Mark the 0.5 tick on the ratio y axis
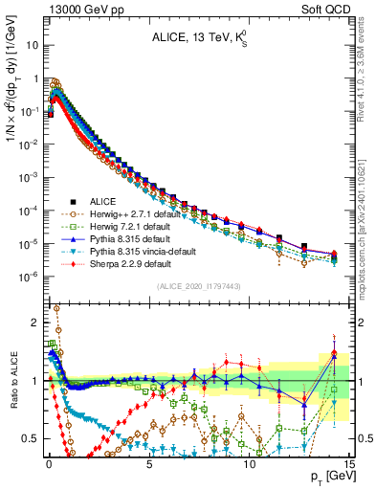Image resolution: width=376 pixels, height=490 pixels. [x=32, y=438]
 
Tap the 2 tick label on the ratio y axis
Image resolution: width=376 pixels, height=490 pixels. [x=36, y=323]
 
